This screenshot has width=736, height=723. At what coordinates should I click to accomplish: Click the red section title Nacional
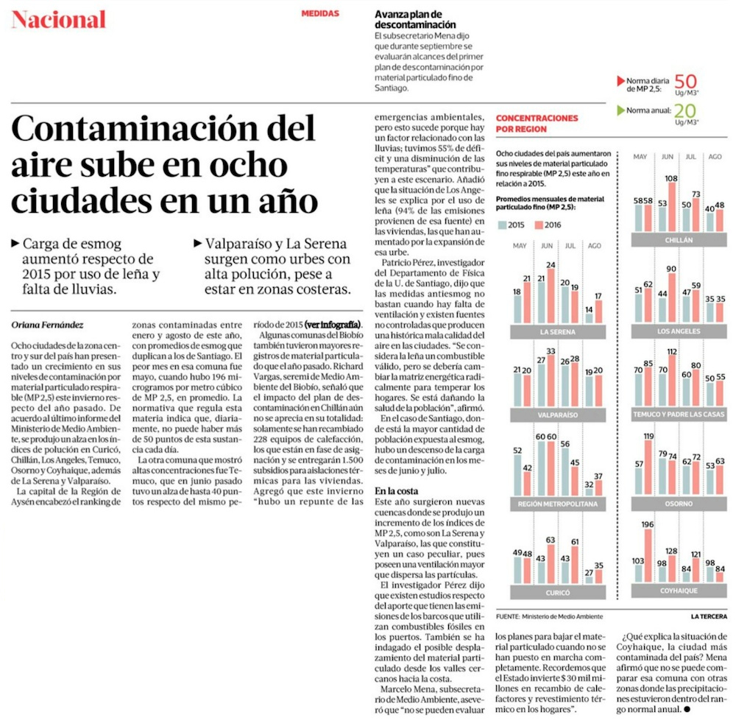pyautogui.click(x=59, y=20)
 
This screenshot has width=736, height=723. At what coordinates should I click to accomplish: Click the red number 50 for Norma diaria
pyautogui.click(x=685, y=81)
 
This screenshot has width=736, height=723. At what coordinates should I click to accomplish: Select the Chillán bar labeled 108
pyautogui.click(x=670, y=205)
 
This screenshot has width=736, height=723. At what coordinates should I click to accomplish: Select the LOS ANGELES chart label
pyautogui.click(x=673, y=331)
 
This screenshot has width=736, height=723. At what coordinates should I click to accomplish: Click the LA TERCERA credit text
pyautogui.click(x=708, y=616)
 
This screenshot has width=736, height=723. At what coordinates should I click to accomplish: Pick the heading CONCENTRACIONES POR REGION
pyautogui.click(x=537, y=123)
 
